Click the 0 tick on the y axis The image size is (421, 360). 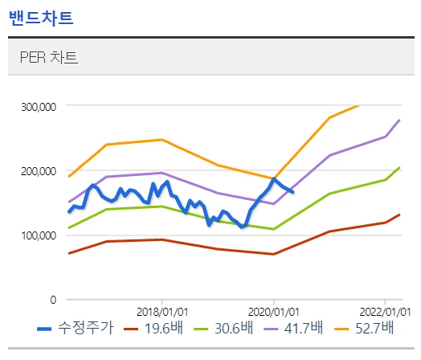52,300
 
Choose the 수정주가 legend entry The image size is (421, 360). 77,328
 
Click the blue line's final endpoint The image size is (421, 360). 292,192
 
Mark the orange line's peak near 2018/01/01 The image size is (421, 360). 162,140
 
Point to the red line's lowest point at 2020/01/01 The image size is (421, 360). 274,254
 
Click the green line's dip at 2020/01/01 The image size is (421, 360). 274,229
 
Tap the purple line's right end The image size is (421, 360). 399,121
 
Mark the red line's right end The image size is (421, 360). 399,215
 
